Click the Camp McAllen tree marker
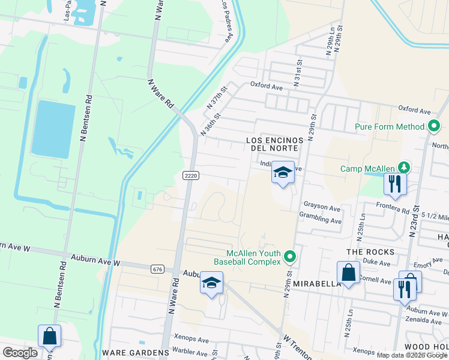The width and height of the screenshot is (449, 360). [x=405, y=168]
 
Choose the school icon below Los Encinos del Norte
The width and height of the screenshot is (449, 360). [x=283, y=173]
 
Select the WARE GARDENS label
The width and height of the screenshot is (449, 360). [x=136, y=352]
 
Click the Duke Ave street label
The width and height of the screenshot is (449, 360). [x=377, y=263]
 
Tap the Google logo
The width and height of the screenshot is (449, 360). [x=20, y=352]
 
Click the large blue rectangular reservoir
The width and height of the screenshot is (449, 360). [x=53, y=129]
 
